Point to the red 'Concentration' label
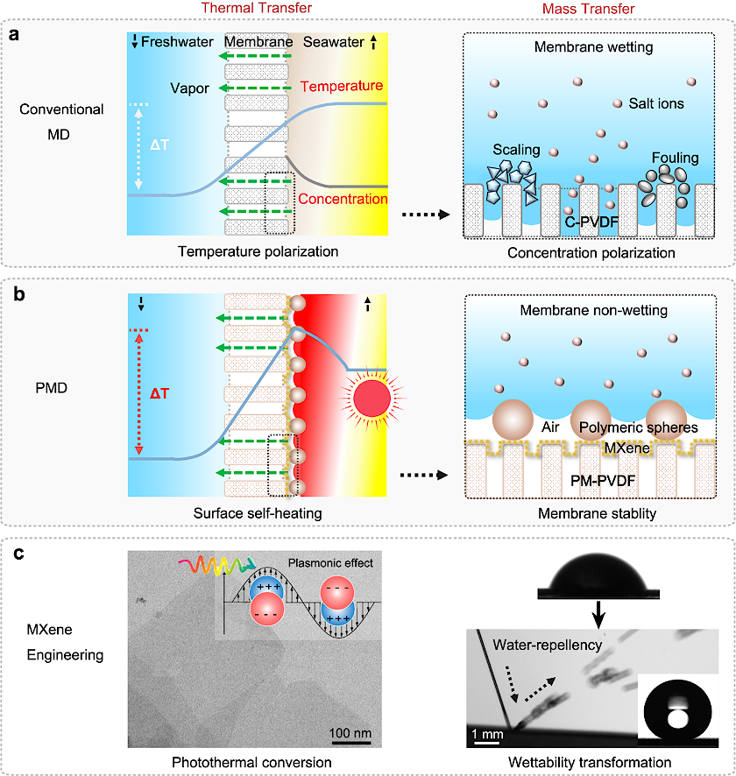(343, 199)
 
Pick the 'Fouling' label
(675, 158)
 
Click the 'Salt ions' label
(656, 103)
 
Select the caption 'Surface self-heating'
(253, 511)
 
